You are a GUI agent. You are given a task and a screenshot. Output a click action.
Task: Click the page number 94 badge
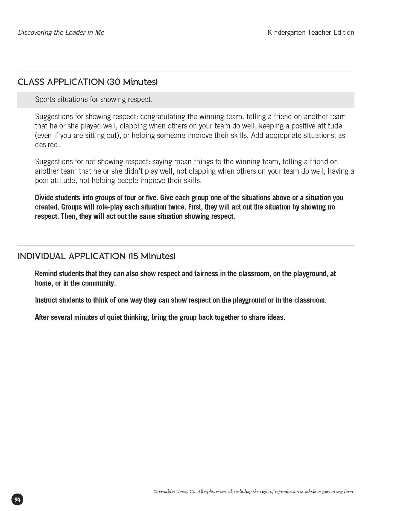[17, 500]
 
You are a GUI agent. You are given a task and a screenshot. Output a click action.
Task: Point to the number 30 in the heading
[114, 82]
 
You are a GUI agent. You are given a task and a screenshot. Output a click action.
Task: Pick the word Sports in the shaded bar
[45, 99]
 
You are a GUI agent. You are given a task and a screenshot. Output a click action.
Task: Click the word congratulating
[163, 117]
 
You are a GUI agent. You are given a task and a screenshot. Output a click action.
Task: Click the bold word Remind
[46, 274]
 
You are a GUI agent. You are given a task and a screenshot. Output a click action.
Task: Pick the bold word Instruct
[46, 300]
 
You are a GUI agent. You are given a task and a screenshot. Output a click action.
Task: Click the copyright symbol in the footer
[156, 492]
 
